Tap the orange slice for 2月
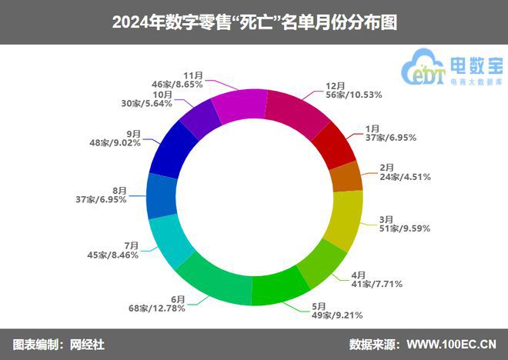pos(346,177)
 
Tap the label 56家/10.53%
pos(355,95)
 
